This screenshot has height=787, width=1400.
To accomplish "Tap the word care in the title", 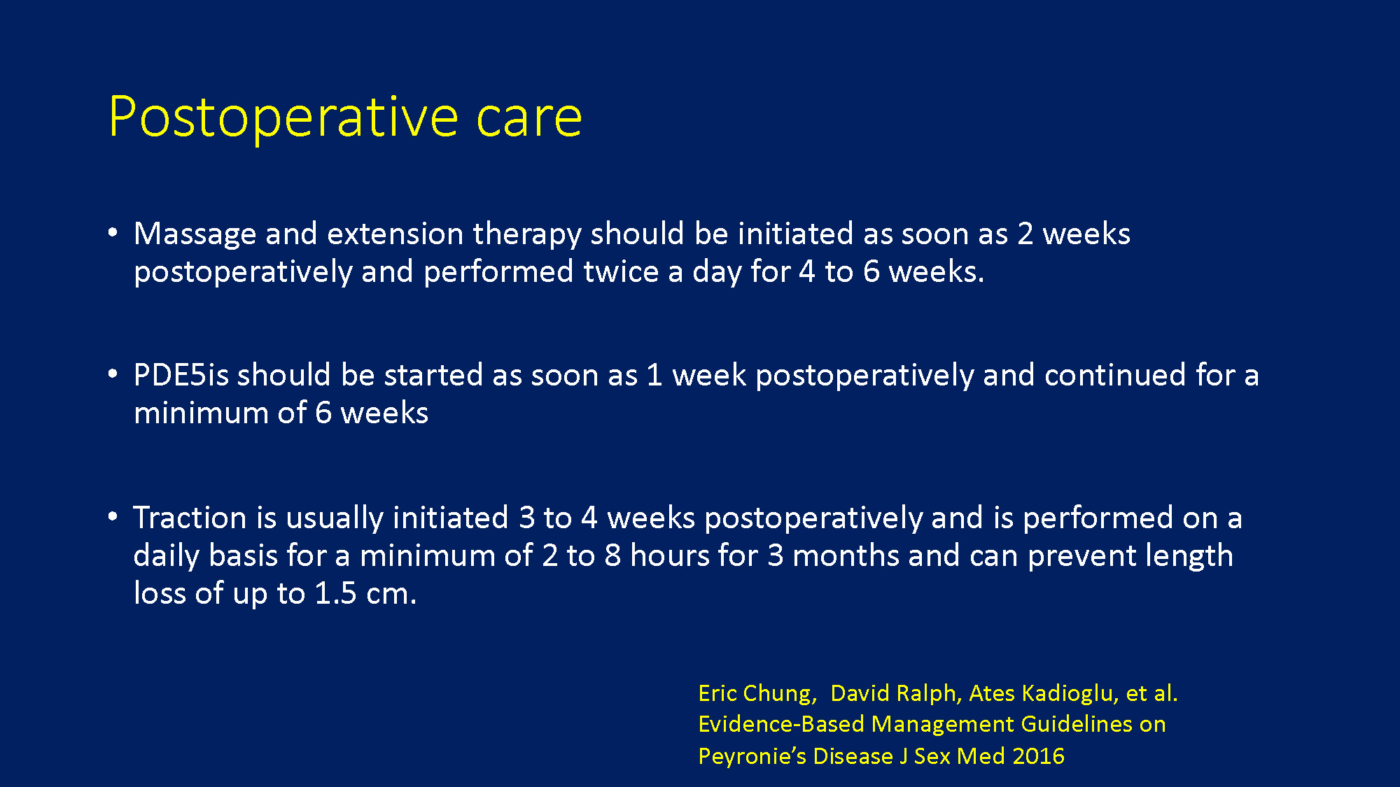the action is pyautogui.click(x=528, y=119).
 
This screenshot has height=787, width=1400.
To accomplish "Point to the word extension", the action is pyautogui.click(x=395, y=234).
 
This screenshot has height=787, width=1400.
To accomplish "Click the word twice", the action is pyautogui.click(x=621, y=271).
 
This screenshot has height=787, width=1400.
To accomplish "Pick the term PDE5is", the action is pyautogui.click(x=181, y=375).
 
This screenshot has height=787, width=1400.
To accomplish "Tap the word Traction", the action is pyautogui.click(x=190, y=518).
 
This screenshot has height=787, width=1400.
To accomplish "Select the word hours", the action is pyautogui.click(x=669, y=555).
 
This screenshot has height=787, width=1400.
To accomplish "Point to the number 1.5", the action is pyautogui.click(x=336, y=593).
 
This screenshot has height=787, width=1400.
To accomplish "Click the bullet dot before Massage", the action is pyautogui.click(x=113, y=232).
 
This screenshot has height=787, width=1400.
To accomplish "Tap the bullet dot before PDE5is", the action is pyautogui.click(x=113, y=374).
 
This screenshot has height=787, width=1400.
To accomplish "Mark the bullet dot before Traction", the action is pyautogui.click(x=113, y=517).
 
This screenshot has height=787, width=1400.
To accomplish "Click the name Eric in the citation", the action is pyautogui.click(x=717, y=693).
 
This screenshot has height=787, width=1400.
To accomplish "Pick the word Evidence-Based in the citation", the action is pyautogui.click(x=781, y=724).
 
